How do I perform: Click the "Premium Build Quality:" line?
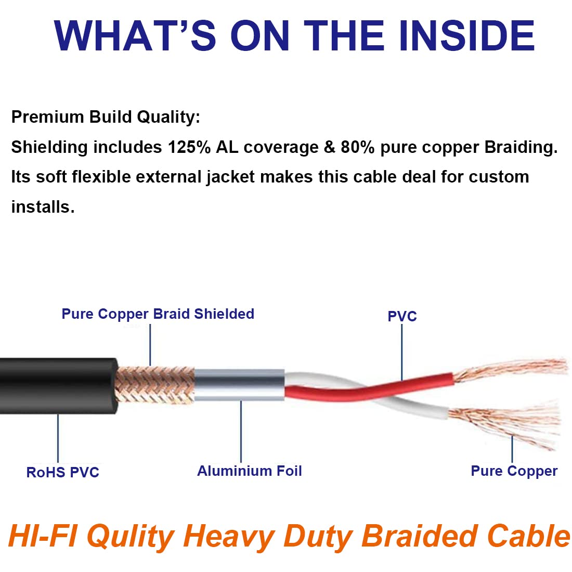point(106,117)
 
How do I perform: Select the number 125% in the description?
point(189,148)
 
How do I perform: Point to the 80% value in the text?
point(357,148)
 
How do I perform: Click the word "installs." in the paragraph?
point(43,207)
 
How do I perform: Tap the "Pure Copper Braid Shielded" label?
point(158,314)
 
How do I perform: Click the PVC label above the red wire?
point(402,316)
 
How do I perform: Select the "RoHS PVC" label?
point(62,472)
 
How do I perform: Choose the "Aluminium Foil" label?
point(249,471)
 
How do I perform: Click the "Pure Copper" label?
point(514,471)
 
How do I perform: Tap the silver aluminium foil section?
point(239,385)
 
